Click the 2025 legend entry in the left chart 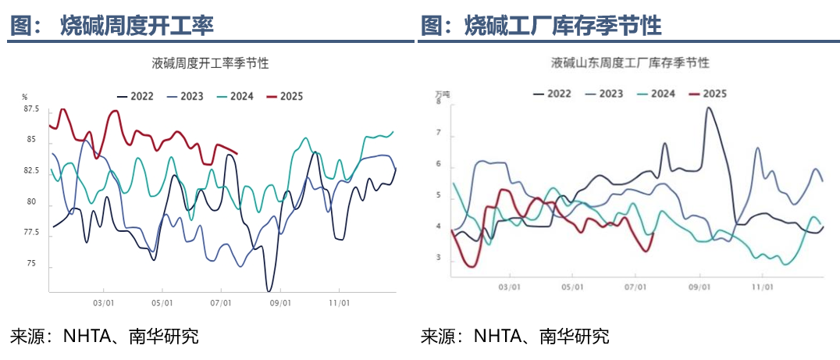click(284, 96)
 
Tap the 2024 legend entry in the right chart click(655, 93)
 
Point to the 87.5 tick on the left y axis click(31, 109)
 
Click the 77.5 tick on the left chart click(31, 233)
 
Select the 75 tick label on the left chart click(31, 264)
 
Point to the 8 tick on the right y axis click(440, 102)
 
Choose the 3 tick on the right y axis click(439, 258)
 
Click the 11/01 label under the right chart click(762, 287)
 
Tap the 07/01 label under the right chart click(635, 287)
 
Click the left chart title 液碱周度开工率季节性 click(210, 63)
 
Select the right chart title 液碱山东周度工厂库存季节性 click(629, 62)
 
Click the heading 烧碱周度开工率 click(137, 27)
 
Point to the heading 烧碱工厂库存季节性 click(562, 27)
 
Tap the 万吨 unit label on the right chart click(443, 93)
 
